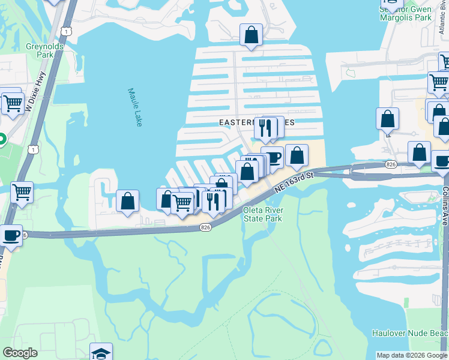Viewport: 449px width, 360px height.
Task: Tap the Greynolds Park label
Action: click(x=40, y=50)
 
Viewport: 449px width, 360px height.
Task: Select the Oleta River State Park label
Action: click(x=262, y=214)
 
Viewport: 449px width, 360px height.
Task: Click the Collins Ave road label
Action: click(x=444, y=204)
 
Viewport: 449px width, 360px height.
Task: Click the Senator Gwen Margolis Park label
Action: click(x=406, y=14)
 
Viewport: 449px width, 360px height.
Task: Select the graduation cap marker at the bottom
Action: click(x=101, y=352)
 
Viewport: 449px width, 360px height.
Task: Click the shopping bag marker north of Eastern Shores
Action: click(x=251, y=35)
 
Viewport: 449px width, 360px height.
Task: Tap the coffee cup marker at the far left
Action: click(x=10, y=235)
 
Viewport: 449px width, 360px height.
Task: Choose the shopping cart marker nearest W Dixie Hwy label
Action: click(x=12, y=103)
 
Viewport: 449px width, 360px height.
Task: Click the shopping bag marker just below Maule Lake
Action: click(x=127, y=201)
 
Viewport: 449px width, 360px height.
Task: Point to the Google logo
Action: click(x=20, y=353)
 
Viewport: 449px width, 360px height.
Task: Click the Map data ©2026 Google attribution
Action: click(x=412, y=355)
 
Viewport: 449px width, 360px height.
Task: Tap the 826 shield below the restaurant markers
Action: click(x=205, y=227)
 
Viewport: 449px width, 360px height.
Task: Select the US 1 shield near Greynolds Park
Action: click(x=65, y=30)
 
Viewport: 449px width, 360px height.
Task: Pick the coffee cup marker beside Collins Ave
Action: click(x=441, y=161)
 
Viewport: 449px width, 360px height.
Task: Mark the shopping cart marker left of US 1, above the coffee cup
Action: click(x=22, y=193)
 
